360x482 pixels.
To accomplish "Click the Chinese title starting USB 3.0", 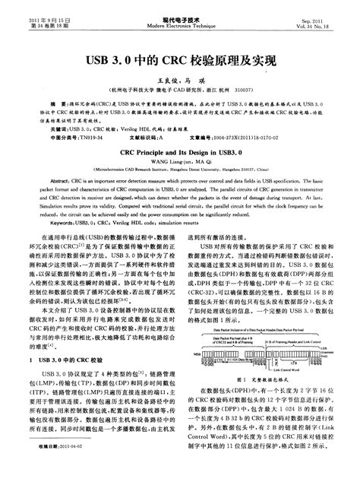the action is point(179,59).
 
